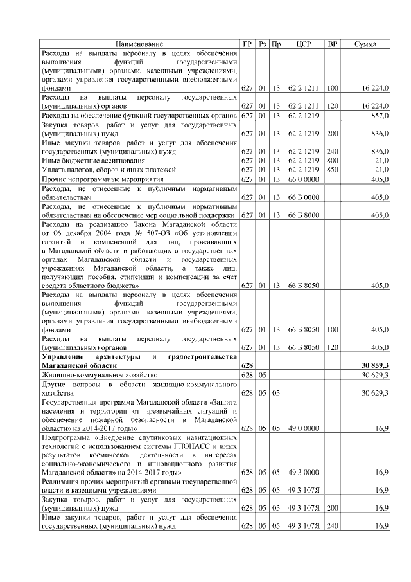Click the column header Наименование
(x=139, y=44)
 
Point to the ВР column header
(x=332, y=44)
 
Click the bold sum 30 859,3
(x=376, y=365)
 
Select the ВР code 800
(x=332, y=159)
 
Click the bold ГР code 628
(x=247, y=365)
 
